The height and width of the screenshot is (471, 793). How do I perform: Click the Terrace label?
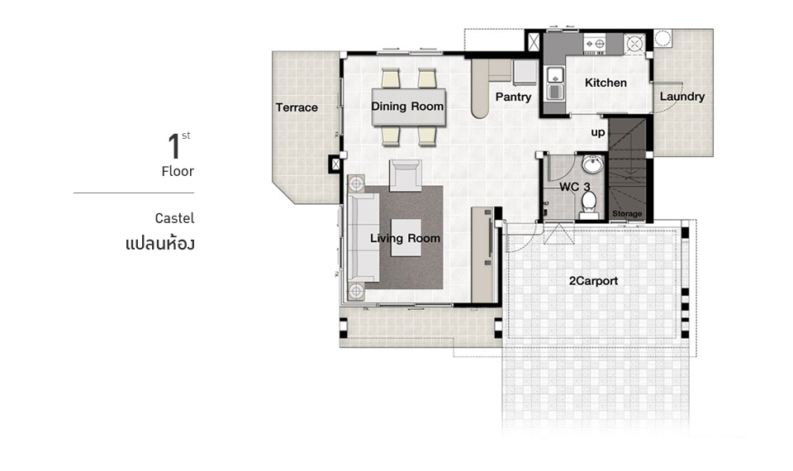click(x=297, y=107)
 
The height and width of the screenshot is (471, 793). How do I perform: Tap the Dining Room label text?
click(x=407, y=107)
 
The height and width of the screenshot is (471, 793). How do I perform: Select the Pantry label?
click(x=513, y=97)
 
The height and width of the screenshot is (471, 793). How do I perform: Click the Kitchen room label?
click(x=605, y=83)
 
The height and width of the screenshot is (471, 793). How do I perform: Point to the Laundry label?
click(x=682, y=96)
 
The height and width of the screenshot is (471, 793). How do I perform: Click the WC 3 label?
click(x=575, y=187)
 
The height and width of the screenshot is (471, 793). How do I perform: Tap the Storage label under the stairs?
click(x=627, y=213)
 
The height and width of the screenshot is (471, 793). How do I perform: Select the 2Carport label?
click(x=594, y=281)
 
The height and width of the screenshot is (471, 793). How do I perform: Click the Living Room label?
click(x=405, y=238)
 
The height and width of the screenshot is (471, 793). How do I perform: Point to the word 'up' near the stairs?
click(x=598, y=132)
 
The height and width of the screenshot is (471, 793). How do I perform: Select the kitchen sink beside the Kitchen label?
click(x=555, y=83)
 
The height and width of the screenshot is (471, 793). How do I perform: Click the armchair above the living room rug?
click(x=405, y=175)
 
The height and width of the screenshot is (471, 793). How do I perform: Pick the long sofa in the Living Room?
click(x=362, y=238)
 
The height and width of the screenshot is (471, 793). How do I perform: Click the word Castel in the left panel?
click(x=174, y=218)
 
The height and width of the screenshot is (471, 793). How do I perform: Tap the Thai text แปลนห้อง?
click(x=159, y=244)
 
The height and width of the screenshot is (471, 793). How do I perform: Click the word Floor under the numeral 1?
click(x=178, y=172)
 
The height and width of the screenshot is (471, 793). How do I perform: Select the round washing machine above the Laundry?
click(x=662, y=38)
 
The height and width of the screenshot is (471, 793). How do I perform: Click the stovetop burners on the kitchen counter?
click(x=595, y=45)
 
